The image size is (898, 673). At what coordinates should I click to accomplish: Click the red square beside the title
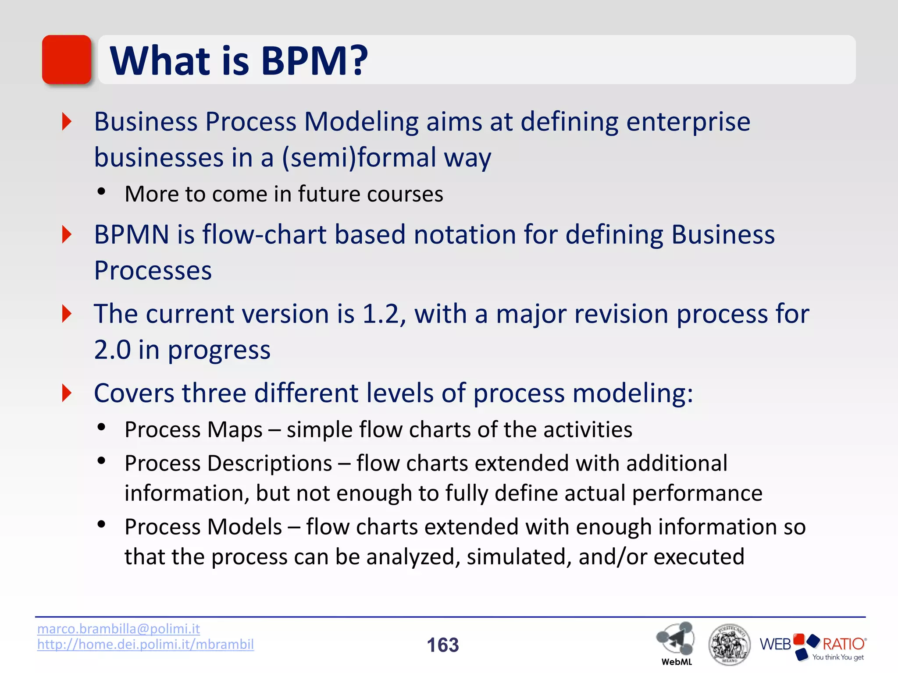click(x=67, y=60)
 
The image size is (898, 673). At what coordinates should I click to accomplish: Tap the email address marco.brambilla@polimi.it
click(x=118, y=629)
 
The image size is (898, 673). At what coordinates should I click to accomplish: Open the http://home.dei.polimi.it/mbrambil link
click(x=145, y=644)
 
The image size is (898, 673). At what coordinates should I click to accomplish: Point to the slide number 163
click(x=443, y=645)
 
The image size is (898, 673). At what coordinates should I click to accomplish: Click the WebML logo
click(x=676, y=642)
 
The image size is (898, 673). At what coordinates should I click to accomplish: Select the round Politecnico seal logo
click(x=729, y=645)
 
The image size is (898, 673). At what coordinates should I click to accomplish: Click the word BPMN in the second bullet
click(x=132, y=234)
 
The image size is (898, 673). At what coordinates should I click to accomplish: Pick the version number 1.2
click(x=380, y=314)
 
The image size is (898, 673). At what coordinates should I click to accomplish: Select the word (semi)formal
click(x=359, y=158)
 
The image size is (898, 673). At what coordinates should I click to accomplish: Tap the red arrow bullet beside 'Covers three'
click(x=67, y=393)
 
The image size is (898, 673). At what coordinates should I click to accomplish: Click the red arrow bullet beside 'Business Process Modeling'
click(x=67, y=121)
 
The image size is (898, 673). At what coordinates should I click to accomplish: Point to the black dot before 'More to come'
click(x=102, y=191)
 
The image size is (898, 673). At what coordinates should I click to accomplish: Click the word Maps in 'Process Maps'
click(x=235, y=430)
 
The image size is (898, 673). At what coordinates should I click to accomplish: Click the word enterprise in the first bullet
click(x=688, y=122)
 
